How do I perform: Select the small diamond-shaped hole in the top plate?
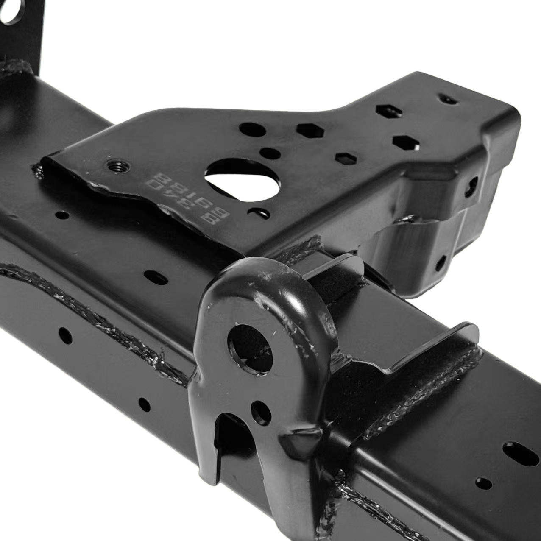click(345, 158)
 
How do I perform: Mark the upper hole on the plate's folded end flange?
click(471, 187)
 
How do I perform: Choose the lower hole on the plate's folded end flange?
click(441, 263)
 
